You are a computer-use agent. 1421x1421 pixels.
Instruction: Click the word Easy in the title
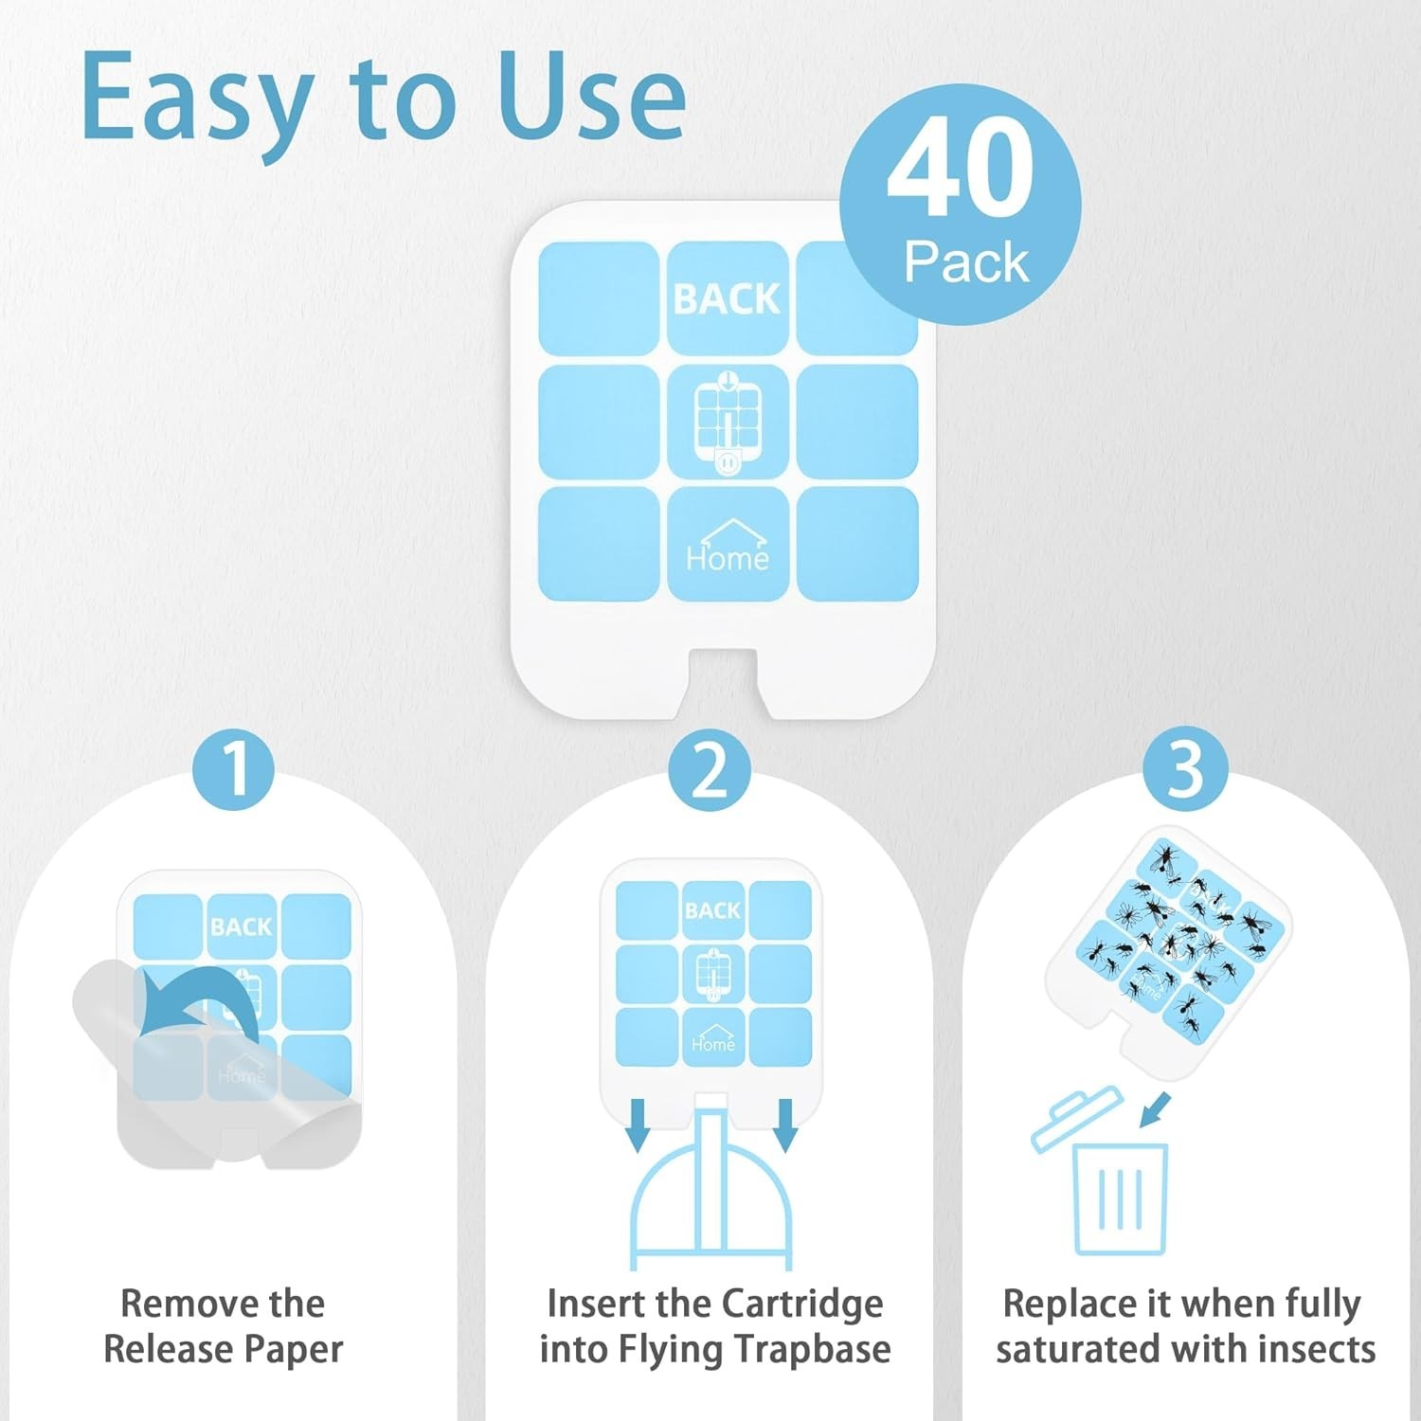pos(197,99)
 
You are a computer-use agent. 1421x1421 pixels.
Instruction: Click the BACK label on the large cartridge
pos(727,299)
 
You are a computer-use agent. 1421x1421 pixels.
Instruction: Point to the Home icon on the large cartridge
pos(728,545)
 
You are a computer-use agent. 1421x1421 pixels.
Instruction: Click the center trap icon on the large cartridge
pos(727,423)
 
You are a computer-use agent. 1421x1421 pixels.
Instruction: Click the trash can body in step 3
pos(1120,1198)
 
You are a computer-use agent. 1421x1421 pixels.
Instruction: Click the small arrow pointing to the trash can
pos(1155,1110)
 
